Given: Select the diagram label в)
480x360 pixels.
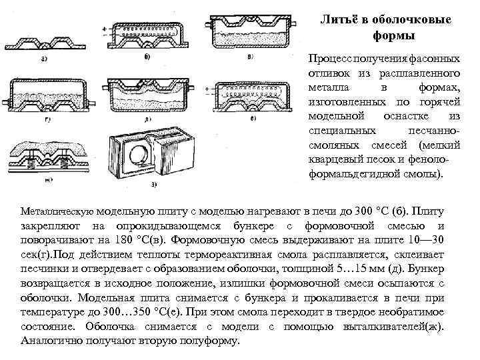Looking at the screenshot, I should (x=250, y=57).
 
